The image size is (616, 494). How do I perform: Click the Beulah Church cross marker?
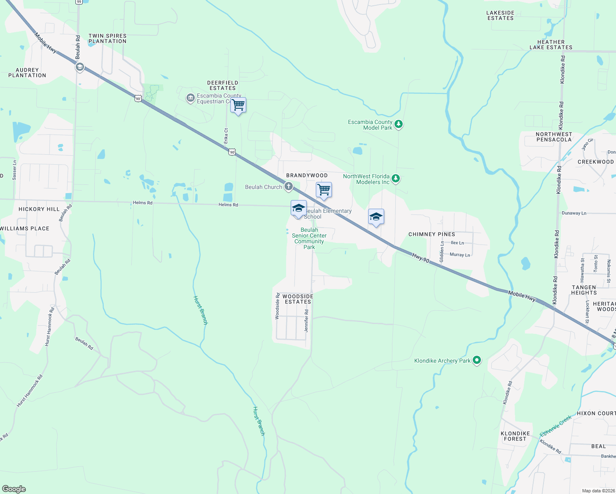[289, 186]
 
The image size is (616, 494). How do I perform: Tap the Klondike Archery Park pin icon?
[477, 360]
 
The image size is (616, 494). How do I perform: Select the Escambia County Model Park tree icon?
[398, 123]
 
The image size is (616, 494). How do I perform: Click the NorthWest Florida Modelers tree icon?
[396, 178]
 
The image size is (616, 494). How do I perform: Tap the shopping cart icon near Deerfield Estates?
[238, 105]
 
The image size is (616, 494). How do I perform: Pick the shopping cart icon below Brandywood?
[324, 190]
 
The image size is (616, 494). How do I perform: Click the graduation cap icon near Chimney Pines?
[376, 217]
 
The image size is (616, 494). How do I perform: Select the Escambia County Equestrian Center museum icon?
[190, 98]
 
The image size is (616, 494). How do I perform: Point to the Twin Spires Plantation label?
[107, 39]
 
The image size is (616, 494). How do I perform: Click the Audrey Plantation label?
[27, 73]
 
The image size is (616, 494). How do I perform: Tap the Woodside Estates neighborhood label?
[298, 299]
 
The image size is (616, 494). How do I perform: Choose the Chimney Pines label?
[432, 234]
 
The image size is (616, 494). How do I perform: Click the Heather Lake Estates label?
[551, 45]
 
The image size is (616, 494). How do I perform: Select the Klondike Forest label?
[515, 436]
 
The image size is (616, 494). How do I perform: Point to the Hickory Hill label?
[39, 209]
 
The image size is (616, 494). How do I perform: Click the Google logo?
[14, 489]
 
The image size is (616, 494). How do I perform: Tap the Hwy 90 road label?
[420, 258]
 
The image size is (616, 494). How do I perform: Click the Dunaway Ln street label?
[574, 213]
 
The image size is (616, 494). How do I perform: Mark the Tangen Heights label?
[584, 290]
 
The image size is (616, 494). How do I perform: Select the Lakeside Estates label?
[500, 16]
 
